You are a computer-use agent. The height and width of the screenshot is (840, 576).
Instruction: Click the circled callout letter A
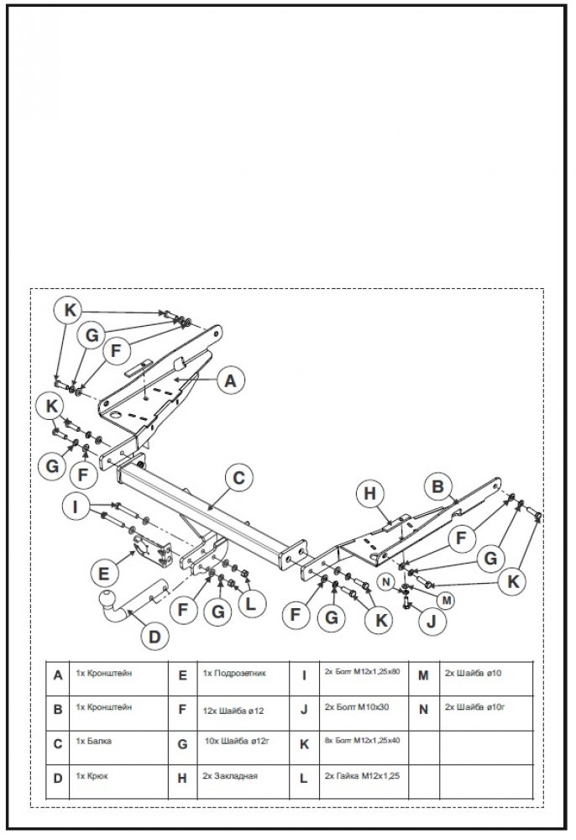(228, 380)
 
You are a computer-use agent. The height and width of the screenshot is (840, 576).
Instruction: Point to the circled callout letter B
(437, 485)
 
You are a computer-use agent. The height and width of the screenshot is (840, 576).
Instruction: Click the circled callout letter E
(103, 575)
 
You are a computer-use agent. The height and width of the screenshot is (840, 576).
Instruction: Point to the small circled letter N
(387, 580)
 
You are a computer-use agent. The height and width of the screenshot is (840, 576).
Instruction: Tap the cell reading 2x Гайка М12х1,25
(361, 777)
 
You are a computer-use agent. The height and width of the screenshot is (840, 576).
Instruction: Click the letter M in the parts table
(423, 674)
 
